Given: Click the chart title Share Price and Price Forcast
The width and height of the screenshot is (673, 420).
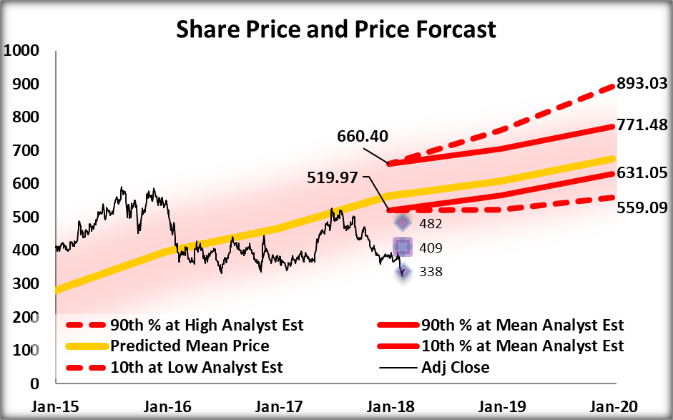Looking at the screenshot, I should point(336,29).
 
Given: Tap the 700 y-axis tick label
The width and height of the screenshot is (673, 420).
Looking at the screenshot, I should point(25,151).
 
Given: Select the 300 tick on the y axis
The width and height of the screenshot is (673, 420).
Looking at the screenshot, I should point(25,284).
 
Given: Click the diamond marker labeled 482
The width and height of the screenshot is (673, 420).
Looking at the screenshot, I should point(403,223).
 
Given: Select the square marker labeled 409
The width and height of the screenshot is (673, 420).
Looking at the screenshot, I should point(403,248).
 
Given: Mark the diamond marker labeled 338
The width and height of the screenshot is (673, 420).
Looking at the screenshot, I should point(403,271).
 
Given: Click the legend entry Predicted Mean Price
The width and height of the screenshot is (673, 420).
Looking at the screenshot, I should point(189,346).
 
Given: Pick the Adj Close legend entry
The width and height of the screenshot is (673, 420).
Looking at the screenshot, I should point(455,367).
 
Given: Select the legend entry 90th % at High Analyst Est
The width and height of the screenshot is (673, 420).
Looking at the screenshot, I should point(207,326).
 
